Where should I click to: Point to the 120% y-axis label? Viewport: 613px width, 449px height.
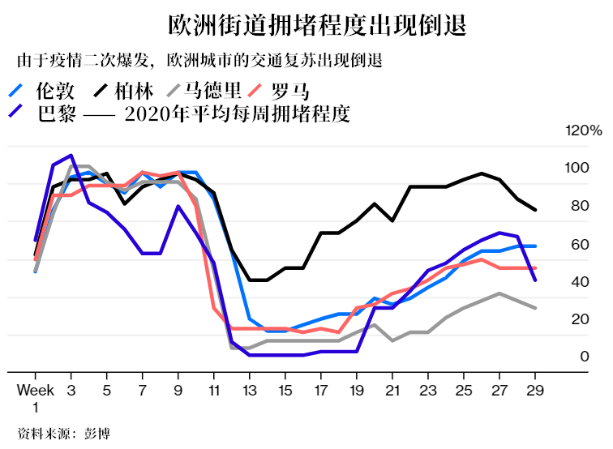(584, 130)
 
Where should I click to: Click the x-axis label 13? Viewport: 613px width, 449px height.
(250, 389)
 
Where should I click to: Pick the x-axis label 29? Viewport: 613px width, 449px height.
(535, 389)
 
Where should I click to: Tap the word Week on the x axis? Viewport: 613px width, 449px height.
(35, 389)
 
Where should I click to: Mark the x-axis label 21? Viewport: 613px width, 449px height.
(392, 389)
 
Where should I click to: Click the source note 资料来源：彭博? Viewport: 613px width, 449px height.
(63, 433)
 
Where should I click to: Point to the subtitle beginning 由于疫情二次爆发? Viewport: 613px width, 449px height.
(199, 62)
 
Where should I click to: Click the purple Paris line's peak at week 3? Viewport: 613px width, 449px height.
(71, 156)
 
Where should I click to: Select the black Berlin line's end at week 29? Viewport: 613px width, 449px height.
(535, 210)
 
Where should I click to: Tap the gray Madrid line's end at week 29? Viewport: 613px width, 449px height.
(535, 308)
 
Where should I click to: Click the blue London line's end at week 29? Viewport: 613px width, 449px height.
(535, 246)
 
